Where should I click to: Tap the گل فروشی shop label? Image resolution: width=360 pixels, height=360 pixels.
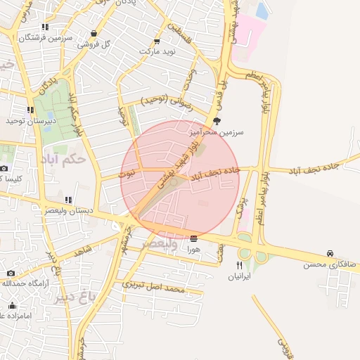(x=96, y=44)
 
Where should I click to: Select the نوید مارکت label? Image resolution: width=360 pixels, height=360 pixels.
(x=155, y=52)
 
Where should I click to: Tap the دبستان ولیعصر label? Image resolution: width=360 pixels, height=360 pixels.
(x=67, y=210)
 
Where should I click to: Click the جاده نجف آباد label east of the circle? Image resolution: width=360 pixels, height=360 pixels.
(x=333, y=167)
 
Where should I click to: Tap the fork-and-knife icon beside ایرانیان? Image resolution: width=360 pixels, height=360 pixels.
(x=240, y=265)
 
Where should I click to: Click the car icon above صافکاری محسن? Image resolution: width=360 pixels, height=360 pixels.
(x=330, y=253)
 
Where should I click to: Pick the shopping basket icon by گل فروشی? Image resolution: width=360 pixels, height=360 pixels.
(x=94, y=33)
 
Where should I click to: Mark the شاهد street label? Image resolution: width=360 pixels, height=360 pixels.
(x=83, y=250)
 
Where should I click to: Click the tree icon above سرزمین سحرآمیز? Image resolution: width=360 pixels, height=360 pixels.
(x=217, y=121)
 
